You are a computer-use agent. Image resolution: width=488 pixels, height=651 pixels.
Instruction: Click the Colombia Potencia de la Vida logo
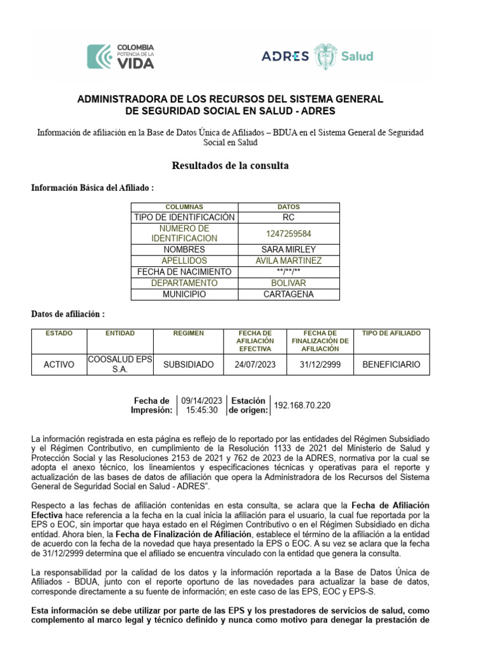coord(120,56)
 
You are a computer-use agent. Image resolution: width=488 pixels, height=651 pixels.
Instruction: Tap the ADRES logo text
coord(285,56)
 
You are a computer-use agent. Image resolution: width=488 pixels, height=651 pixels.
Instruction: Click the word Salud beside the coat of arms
coord(357,56)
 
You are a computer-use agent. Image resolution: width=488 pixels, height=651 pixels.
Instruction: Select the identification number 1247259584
coord(288,233)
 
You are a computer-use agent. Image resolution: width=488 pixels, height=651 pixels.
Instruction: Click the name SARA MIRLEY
coord(288,250)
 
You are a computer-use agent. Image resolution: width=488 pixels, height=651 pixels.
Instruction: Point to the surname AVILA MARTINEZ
coord(288,261)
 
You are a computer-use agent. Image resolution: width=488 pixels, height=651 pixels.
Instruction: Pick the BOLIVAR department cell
coord(288,283)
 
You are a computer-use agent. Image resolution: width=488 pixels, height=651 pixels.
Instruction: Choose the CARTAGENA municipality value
coord(288,294)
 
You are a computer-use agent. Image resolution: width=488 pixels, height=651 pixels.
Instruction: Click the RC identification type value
coord(288,217)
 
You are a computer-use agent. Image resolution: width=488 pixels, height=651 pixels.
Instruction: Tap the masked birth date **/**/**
coord(288,272)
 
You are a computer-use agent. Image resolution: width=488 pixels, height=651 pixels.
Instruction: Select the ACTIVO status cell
coord(59,365)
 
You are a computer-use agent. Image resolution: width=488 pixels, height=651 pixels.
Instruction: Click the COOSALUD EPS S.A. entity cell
coord(120,364)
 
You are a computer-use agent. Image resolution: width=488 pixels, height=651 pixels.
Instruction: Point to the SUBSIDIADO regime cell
coord(189,365)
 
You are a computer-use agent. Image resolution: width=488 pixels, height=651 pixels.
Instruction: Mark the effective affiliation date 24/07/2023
coord(255,365)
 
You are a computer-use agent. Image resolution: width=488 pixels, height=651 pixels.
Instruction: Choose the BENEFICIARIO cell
coord(391,365)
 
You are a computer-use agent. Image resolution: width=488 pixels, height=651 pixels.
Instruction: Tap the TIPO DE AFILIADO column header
coord(391,333)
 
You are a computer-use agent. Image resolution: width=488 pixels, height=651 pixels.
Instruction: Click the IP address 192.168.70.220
coord(302,406)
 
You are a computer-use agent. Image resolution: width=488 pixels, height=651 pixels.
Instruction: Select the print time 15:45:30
coord(201,411)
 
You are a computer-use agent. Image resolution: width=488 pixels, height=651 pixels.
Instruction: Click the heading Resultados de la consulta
coord(230,166)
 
